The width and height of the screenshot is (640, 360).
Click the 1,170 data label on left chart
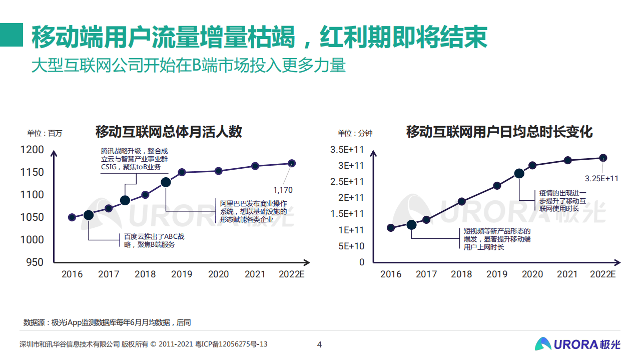point(283,190)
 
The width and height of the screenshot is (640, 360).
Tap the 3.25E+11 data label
point(601,178)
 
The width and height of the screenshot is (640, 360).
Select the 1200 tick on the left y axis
point(32,150)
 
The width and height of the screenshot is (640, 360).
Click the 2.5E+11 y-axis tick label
point(347,181)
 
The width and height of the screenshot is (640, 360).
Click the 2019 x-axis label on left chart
point(182,274)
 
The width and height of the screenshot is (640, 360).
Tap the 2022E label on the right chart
point(602,274)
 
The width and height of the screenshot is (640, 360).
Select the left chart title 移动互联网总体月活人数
point(169,132)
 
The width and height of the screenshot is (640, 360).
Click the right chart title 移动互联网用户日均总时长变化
point(499,132)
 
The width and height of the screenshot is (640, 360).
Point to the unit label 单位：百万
point(45,133)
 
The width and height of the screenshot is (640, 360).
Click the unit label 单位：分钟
point(355,133)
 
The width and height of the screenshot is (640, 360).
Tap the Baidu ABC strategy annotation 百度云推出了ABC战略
point(154,240)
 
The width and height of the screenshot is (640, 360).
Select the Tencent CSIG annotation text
point(134,159)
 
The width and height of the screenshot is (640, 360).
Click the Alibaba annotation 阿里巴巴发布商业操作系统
point(254,211)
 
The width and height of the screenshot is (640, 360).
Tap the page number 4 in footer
point(320,344)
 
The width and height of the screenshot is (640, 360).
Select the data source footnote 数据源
point(107,322)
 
